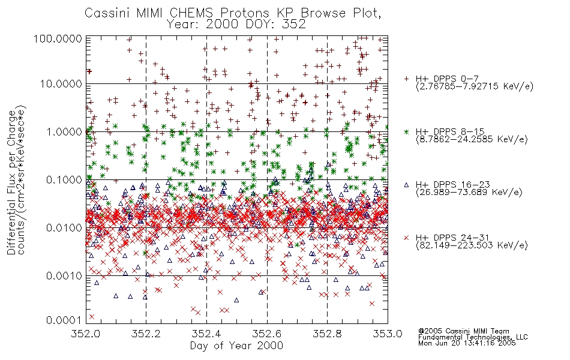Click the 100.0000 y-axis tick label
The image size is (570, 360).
58,38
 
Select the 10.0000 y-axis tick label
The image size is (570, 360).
61,84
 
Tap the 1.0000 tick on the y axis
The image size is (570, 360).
64,131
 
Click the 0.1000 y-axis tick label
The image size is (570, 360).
64,179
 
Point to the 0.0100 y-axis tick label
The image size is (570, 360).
64,228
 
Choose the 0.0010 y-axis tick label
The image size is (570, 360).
64,276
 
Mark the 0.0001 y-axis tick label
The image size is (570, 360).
64,320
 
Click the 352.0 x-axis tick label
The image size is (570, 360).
86,334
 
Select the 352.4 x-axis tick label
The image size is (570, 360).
206,334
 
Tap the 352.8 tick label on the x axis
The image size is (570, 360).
327,334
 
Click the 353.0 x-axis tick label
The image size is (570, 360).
388,334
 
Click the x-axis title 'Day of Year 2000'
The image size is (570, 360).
236,346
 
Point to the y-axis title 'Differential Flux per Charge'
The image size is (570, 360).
11,182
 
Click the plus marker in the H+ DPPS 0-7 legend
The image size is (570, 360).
406,79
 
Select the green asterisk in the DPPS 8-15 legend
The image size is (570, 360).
406,131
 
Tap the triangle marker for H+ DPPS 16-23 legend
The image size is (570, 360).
406,185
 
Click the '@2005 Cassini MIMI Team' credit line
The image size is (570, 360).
464,331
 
